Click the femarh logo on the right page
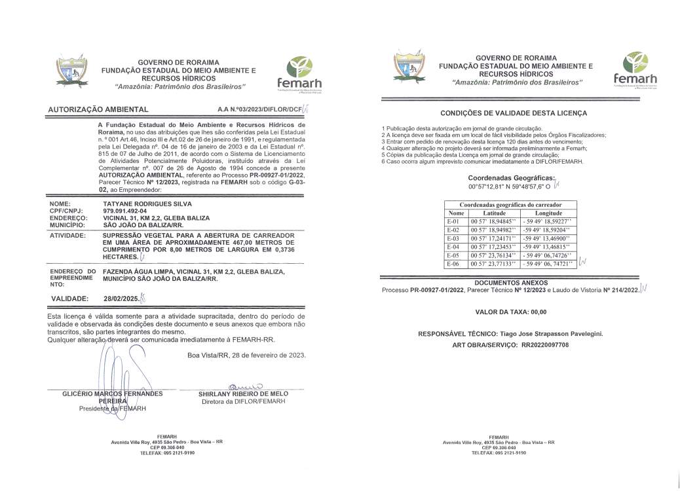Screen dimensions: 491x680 click(635, 70)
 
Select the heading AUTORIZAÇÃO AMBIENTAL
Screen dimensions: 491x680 click(98, 109)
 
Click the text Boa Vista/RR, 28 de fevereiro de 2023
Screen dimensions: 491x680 click(246, 355)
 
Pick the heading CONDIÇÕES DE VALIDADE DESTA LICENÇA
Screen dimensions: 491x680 click(510, 113)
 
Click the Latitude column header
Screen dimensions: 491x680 click(494, 213)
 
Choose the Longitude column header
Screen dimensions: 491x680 click(548, 213)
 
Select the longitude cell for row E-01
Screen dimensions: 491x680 click(547, 221)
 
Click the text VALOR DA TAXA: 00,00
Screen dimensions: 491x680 click(510, 312)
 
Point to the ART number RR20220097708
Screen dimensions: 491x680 click(544, 344)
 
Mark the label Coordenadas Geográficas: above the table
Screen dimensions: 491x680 click(510, 177)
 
